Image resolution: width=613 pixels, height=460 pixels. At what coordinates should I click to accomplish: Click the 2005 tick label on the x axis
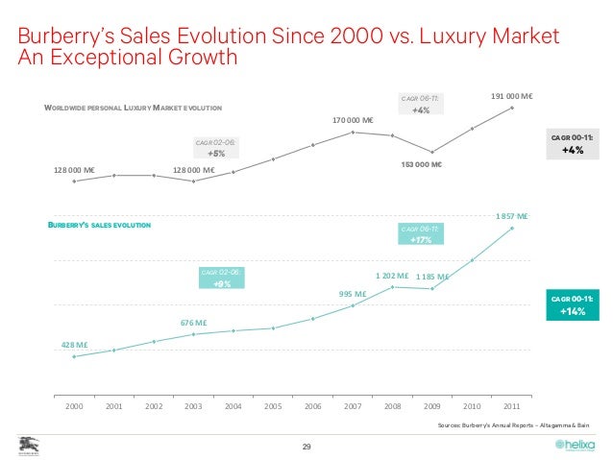pyautogui.click(x=273, y=406)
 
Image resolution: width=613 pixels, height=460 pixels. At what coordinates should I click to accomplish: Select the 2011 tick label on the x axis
pyautogui.click(x=512, y=406)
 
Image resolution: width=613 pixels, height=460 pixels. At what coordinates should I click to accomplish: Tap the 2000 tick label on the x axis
pyautogui.click(x=74, y=406)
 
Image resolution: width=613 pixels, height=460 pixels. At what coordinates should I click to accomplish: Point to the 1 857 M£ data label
pyautogui.click(x=511, y=216)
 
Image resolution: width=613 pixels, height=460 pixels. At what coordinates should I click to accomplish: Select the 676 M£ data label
pyautogui.click(x=194, y=323)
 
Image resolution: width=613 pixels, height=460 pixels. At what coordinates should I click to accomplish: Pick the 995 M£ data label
pyautogui.click(x=353, y=294)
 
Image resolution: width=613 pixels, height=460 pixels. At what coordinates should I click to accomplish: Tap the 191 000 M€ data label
pyautogui.click(x=512, y=96)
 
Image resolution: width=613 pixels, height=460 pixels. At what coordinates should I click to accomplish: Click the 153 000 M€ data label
pyautogui.click(x=420, y=164)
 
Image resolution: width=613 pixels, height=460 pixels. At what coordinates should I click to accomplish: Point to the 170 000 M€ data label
pyautogui.click(x=353, y=120)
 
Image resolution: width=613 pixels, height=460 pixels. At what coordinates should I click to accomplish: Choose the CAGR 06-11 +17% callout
pyautogui.click(x=420, y=234)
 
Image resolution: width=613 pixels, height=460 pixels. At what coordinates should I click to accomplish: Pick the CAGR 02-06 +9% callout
pyautogui.click(x=221, y=278)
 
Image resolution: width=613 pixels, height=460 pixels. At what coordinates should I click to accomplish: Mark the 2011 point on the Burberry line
pyautogui.click(x=512, y=229)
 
